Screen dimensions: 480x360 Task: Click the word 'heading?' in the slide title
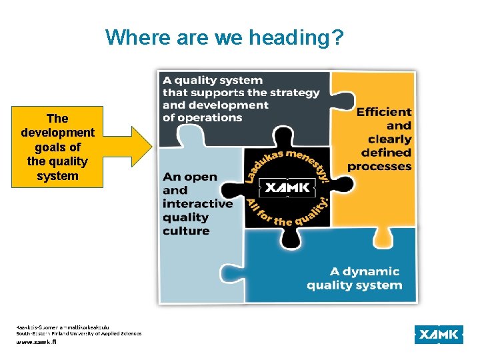tap(297, 37)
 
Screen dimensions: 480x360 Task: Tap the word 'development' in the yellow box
tap(57, 133)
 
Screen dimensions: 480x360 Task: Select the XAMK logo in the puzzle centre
tap(287, 189)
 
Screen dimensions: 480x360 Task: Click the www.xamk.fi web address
tap(37, 341)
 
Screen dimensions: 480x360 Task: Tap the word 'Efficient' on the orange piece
tap(384, 112)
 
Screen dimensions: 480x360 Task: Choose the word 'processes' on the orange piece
tap(379, 166)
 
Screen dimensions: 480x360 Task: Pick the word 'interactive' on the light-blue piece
tap(197, 203)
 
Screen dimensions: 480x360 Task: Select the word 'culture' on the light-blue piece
tap(186, 231)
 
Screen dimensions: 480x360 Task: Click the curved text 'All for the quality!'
tap(288, 213)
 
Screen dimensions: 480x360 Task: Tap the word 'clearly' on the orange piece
tap(389, 139)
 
